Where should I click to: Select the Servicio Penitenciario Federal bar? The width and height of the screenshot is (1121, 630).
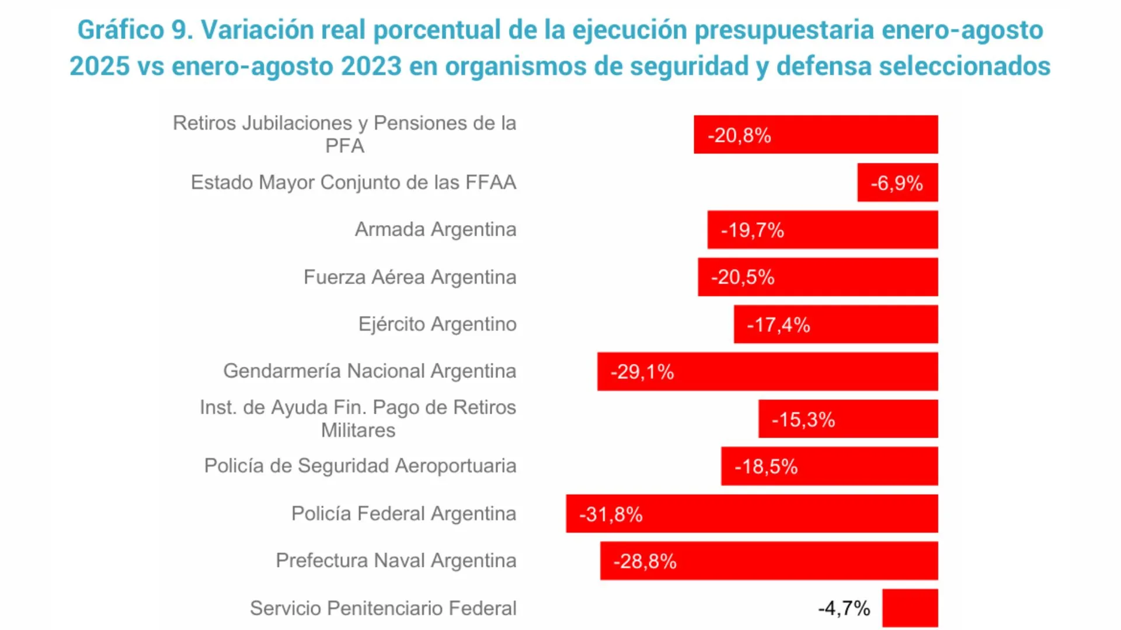point(910,608)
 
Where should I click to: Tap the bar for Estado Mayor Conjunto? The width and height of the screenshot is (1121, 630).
point(897,183)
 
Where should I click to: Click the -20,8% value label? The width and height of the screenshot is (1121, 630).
point(739,135)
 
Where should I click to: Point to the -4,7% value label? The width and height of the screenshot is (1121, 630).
point(844,608)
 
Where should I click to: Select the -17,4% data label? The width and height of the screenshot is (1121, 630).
point(778,325)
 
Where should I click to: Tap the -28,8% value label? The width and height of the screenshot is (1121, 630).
point(645,561)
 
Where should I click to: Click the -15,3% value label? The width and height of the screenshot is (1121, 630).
point(803,419)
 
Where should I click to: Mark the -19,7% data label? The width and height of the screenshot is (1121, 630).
point(752,230)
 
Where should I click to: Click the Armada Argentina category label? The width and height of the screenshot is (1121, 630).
point(435,229)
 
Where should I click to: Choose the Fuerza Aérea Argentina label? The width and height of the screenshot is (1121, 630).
point(409,277)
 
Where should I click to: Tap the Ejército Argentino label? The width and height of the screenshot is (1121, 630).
point(437,324)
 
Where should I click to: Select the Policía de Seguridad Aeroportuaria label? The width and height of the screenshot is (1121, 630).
point(360,466)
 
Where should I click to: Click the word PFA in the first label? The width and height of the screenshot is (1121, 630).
point(344,146)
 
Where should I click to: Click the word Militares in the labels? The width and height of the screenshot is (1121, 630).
point(358,430)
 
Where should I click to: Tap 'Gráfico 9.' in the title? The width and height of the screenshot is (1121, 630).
point(135,30)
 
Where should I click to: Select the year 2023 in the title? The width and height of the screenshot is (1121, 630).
point(371,66)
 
